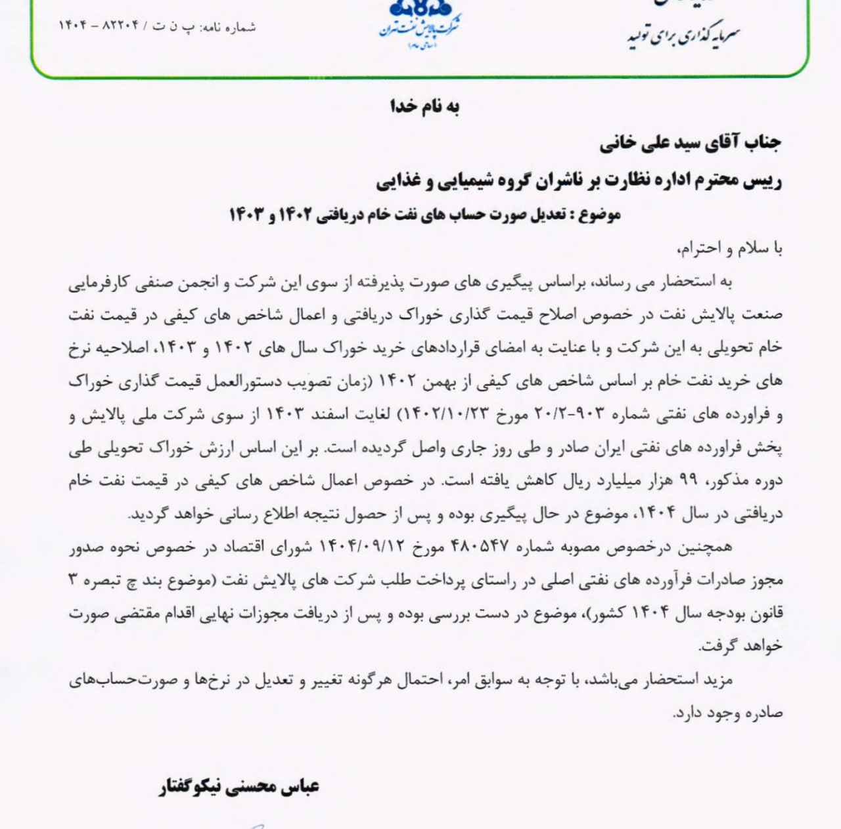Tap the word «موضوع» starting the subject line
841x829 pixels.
pyautogui.click(x=599, y=215)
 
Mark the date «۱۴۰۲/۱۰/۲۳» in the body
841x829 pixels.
pyautogui.click(x=439, y=415)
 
